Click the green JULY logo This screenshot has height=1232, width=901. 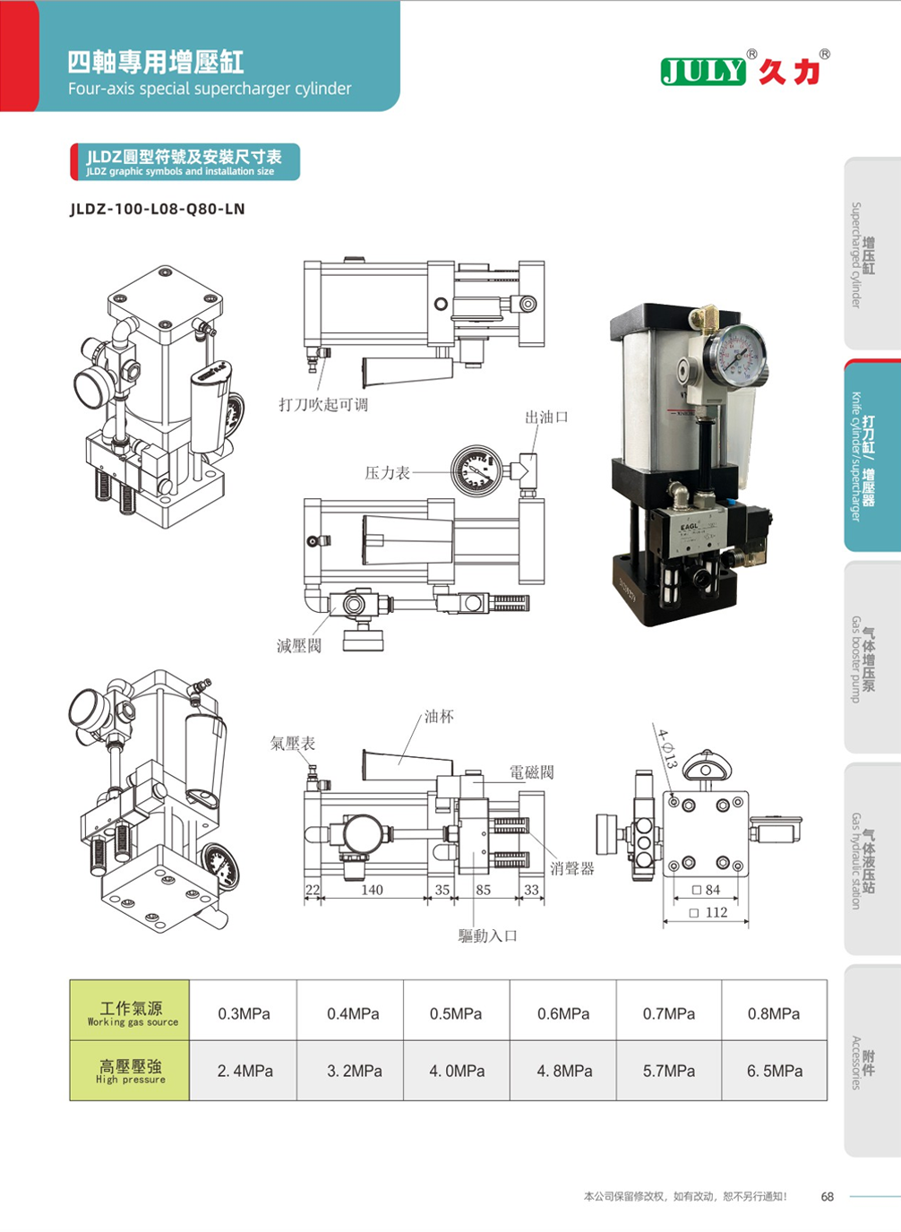click(703, 71)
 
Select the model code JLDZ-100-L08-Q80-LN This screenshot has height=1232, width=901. click(158, 209)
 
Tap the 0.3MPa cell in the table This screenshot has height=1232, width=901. click(244, 1013)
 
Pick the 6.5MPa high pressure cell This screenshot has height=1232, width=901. click(775, 1071)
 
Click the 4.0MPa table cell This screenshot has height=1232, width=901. click(457, 1071)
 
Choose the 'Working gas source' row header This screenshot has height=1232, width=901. click(131, 1012)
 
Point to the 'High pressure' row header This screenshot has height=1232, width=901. click(131, 1071)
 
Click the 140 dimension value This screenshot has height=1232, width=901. click(372, 890)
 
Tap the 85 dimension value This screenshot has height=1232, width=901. click(484, 890)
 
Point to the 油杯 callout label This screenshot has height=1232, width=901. click(439, 717)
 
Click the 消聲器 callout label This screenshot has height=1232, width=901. click(572, 868)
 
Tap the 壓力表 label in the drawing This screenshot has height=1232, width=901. click(387, 472)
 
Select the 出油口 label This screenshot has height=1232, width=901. click(546, 417)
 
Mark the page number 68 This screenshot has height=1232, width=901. click(828, 1196)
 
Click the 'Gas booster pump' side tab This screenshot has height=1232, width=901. click(862, 659)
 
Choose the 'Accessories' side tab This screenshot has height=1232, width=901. click(862, 1062)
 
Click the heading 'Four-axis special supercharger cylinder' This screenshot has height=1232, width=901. click(210, 89)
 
